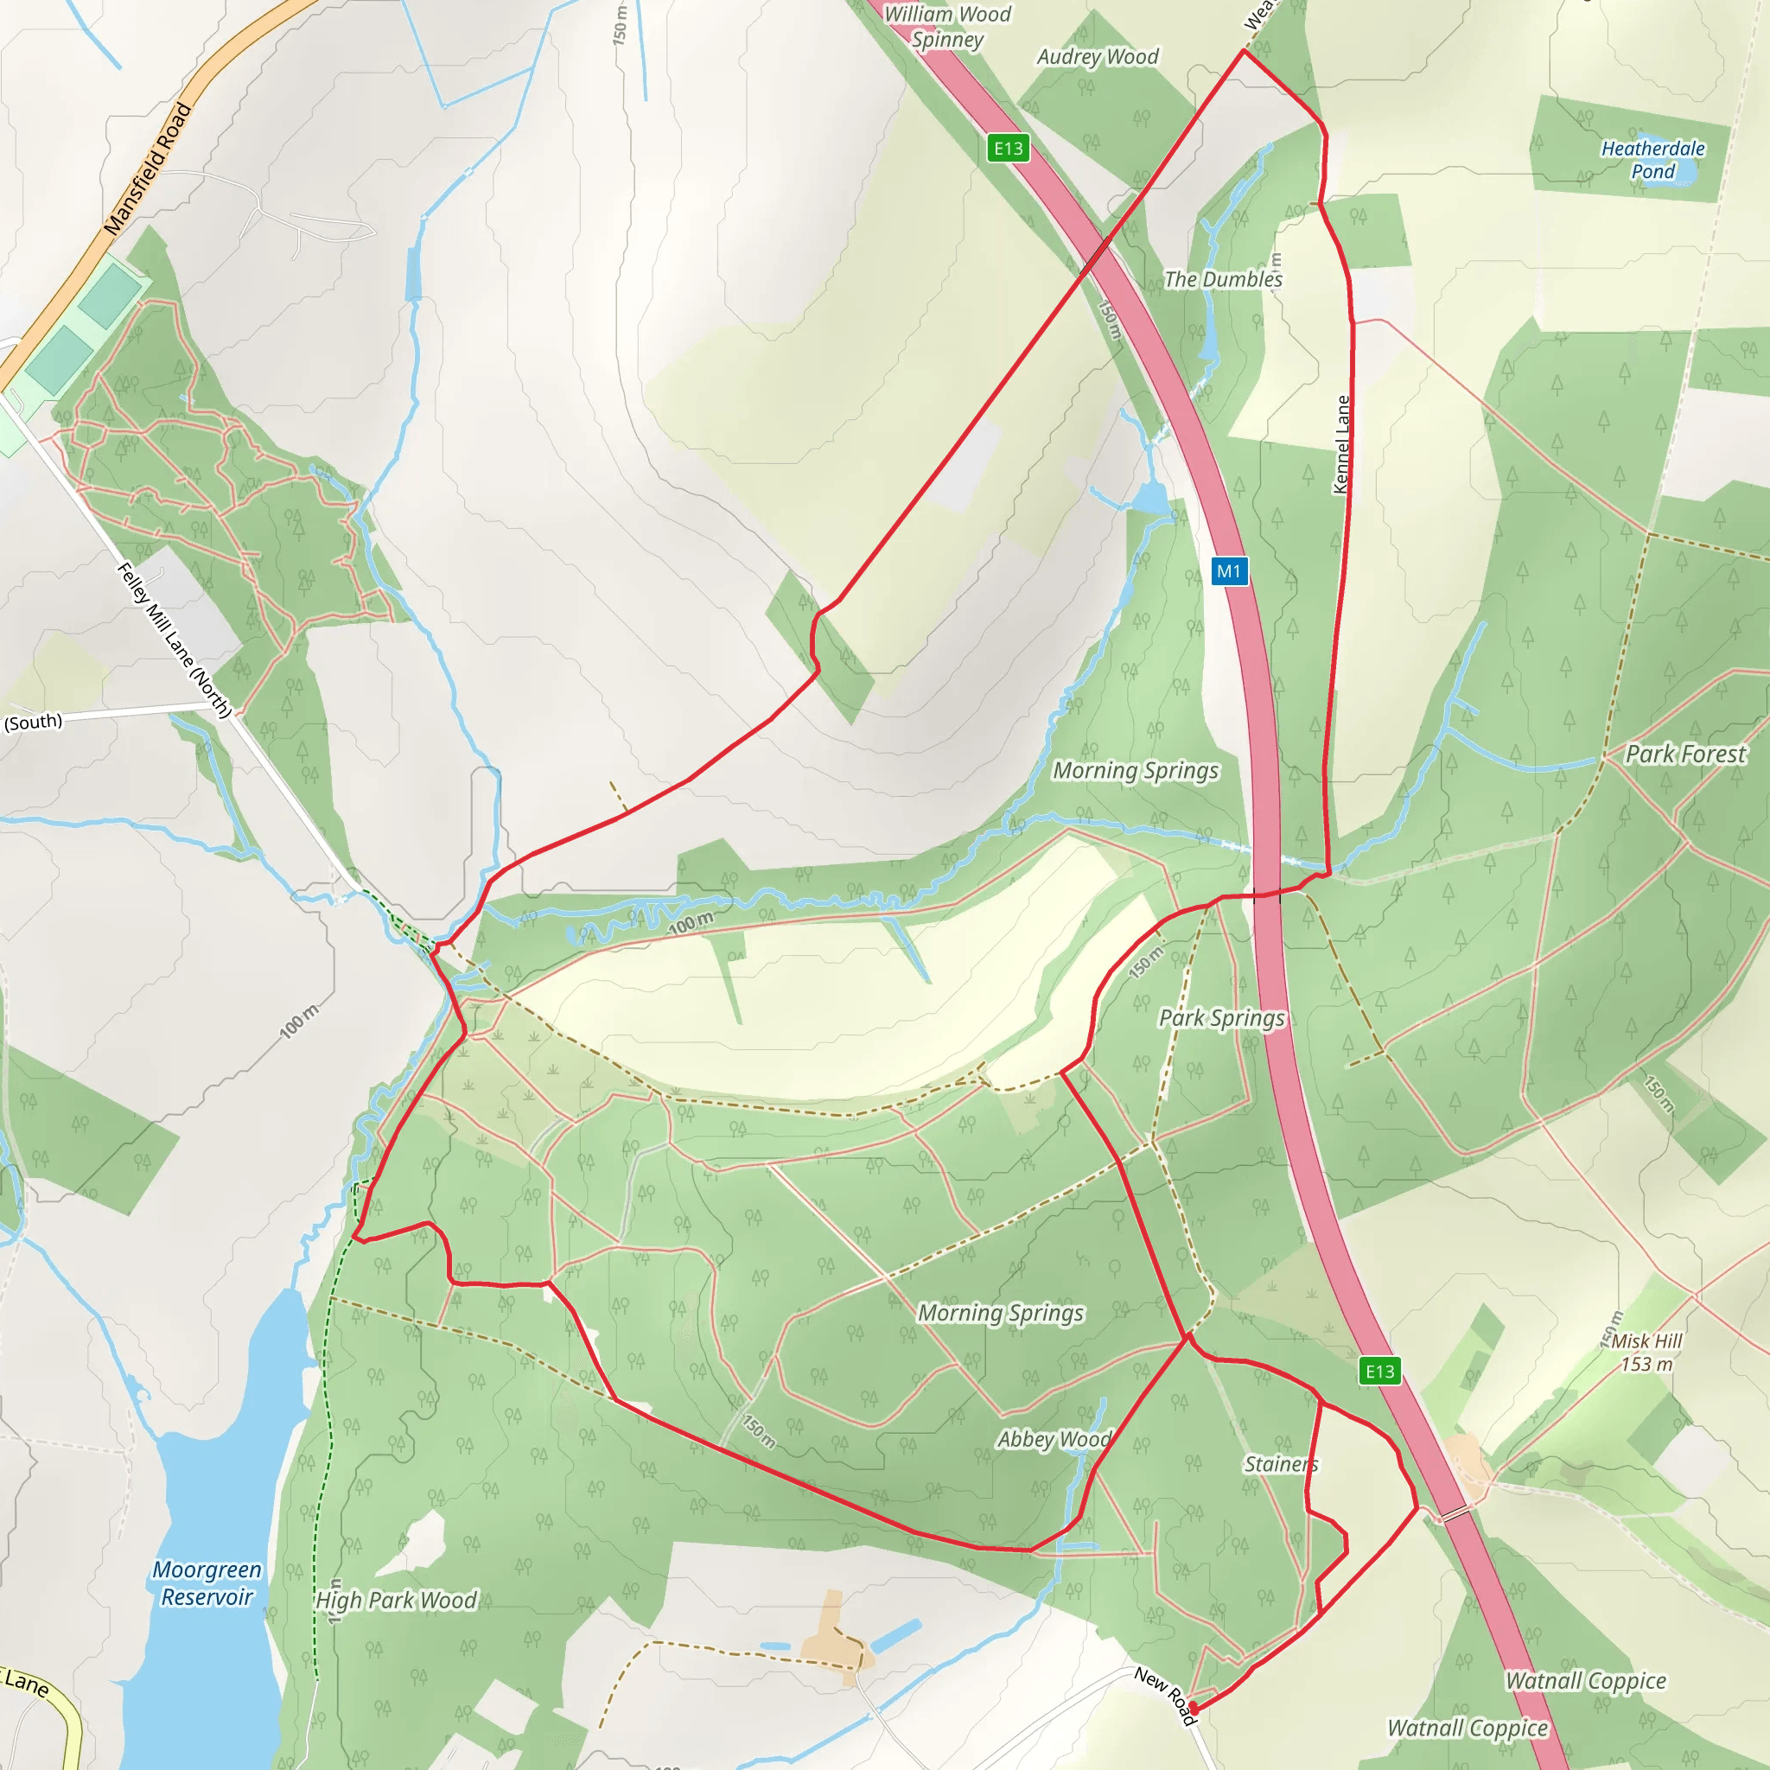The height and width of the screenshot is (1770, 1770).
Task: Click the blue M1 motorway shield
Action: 1229,571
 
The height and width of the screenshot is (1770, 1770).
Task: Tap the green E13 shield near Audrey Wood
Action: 1008,149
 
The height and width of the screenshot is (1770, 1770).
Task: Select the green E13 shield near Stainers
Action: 1379,1372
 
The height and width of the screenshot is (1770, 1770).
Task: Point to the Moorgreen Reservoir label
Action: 207,1583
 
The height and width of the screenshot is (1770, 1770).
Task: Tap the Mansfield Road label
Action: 148,169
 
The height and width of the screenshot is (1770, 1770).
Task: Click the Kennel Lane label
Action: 1342,444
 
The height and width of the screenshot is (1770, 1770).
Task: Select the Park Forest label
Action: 1685,754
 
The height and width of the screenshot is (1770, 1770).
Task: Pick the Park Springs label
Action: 1221,1018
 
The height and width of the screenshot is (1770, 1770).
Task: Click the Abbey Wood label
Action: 1054,1439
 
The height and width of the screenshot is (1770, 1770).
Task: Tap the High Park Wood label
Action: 396,1601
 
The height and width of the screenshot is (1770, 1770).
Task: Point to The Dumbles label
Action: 1223,279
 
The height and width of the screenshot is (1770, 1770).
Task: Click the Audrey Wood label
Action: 1098,57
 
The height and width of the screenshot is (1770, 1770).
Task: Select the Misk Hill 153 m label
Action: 1646,1353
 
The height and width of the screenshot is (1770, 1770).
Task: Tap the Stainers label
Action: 1281,1464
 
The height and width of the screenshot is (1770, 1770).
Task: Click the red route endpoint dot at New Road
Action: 1193,1709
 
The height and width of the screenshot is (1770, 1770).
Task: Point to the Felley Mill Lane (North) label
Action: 174,640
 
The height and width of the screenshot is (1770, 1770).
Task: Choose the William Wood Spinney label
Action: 947,27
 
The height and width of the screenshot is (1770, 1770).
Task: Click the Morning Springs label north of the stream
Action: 1135,770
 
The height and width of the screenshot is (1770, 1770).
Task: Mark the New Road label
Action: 1165,1695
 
